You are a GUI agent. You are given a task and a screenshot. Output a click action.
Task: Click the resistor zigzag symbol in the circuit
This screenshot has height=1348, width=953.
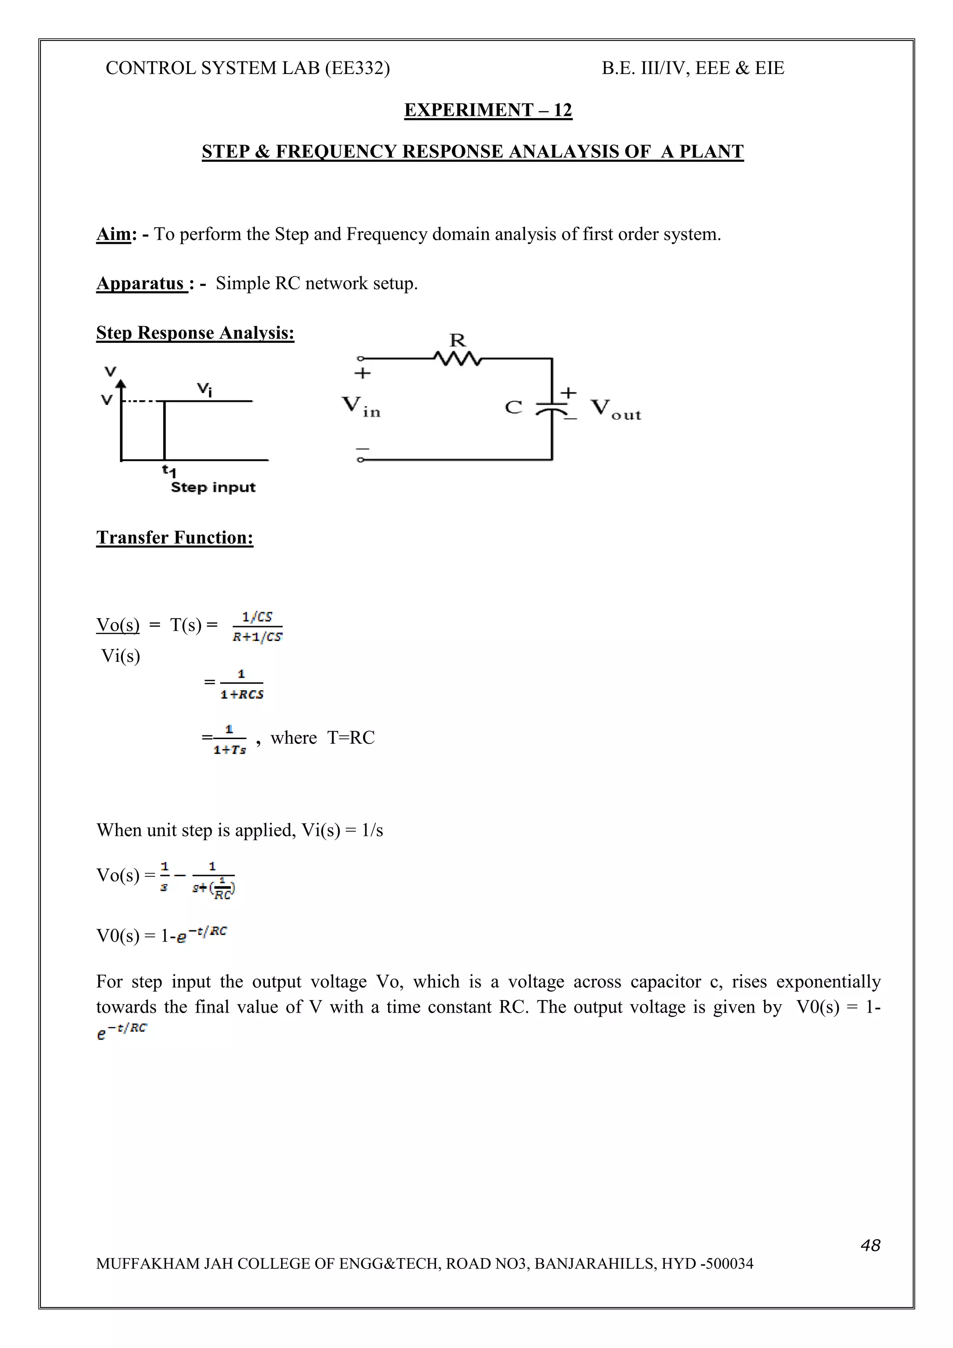(457, 358)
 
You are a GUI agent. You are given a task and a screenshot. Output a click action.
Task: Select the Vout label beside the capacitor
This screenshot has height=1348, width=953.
(615, 408)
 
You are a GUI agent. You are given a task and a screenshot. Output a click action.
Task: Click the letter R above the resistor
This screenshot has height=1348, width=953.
(457, 340)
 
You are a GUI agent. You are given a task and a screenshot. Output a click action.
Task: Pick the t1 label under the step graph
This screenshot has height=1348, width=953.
(168, 470)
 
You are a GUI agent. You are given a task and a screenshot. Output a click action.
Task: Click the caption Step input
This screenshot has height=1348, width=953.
(213, 487)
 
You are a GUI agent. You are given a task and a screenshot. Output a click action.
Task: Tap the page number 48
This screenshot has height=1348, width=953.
(870, 1245)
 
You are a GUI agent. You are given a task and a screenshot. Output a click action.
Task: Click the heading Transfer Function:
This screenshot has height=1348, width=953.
(174, 537)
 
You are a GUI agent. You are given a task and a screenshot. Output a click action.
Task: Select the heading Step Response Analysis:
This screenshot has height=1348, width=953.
(195, 333)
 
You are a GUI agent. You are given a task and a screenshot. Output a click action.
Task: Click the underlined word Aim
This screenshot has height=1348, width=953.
(114, 234)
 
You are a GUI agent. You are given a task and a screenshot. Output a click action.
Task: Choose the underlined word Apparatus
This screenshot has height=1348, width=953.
(141, 284)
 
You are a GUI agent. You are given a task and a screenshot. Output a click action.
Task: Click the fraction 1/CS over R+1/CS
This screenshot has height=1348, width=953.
(257, 627)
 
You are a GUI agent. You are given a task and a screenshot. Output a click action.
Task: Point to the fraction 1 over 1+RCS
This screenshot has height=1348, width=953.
(242, 684)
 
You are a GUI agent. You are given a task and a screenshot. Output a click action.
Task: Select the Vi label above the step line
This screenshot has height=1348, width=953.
(204, 389)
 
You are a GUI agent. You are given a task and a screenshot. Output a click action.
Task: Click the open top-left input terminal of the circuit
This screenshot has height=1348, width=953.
(361, 358)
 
